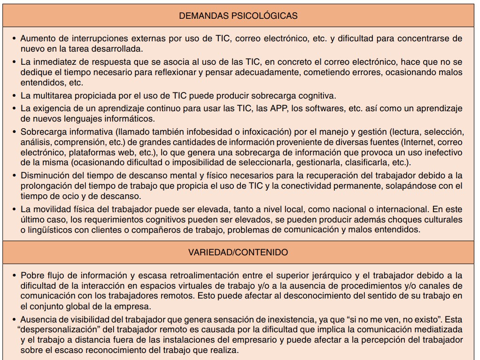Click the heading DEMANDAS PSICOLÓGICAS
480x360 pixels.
[238, 16]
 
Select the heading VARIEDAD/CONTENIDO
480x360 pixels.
[238, 252]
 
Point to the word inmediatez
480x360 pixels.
[53, 61]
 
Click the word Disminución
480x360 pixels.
[44, 176]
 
